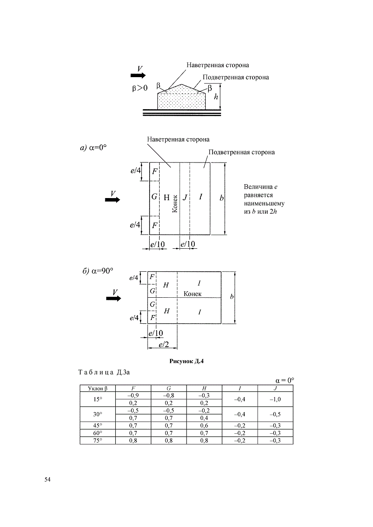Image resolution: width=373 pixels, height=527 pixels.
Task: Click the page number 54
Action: click(47, 479)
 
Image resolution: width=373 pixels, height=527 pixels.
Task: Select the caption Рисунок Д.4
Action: click(186, 361)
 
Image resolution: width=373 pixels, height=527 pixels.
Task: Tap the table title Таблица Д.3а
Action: click(104, 372)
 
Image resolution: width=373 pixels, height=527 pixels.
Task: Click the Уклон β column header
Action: click(98, 388)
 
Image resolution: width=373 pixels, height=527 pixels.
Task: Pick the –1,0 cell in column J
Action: click(275, 399)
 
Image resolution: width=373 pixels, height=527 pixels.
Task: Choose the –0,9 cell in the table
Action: click(133, 396)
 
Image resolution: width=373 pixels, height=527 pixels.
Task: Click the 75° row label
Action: click(98, 440)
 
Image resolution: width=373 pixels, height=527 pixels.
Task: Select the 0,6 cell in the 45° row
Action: click(204, 425)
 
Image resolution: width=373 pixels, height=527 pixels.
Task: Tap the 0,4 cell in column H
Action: click(204, 418)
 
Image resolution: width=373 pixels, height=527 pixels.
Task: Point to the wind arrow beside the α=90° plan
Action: click(114, 299)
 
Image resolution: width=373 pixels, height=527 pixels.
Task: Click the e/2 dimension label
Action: click(164, 345)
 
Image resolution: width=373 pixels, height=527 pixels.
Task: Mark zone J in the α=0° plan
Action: click(185, 197)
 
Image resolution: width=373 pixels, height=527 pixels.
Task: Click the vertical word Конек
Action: click(175, 204)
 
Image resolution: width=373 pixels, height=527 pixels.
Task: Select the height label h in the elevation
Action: click(216, 97)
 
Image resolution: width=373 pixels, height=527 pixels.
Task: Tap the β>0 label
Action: click(140, 88)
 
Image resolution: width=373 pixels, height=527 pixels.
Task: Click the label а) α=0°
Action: click(94, 148)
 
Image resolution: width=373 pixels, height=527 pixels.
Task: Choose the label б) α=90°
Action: click(98, 271)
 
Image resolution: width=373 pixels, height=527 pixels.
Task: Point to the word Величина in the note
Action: click(258, 187)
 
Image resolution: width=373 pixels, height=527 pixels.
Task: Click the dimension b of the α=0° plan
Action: click(221, 198)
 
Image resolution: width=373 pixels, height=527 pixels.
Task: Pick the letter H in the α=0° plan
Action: click(167, 197)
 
